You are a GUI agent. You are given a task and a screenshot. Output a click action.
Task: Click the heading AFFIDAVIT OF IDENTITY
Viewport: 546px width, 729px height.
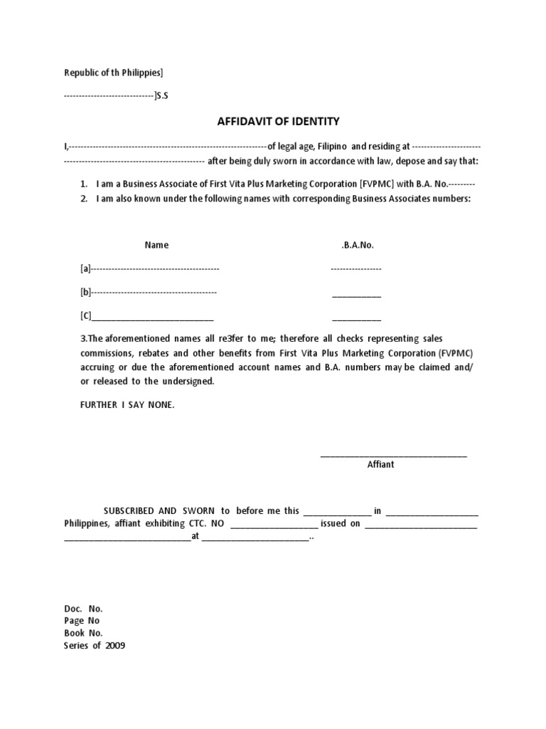273,122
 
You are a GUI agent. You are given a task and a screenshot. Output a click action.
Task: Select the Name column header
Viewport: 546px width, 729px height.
156,245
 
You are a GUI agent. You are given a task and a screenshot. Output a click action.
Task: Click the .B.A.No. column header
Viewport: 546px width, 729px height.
357,245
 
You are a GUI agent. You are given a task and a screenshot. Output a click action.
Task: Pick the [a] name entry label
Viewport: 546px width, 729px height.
85,268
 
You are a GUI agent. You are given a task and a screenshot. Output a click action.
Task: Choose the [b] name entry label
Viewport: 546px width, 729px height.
85,292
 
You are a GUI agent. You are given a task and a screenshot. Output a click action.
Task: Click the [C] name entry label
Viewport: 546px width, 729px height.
85,315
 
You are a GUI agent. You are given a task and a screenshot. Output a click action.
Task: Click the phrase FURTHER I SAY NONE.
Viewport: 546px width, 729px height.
127,405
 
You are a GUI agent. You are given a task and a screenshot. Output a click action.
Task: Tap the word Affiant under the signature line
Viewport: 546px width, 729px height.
380,464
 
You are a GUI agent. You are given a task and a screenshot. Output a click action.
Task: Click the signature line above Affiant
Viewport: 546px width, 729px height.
393,455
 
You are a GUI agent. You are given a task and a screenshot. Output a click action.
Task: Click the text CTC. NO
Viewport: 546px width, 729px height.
207,523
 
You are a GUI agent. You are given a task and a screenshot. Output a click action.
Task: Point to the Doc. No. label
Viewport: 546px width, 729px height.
83,609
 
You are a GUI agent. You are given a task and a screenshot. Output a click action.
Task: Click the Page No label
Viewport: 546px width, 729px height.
79,621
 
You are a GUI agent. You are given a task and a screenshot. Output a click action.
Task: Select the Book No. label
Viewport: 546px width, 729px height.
84,633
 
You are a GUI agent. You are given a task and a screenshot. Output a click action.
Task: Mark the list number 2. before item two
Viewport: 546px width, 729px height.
84,199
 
